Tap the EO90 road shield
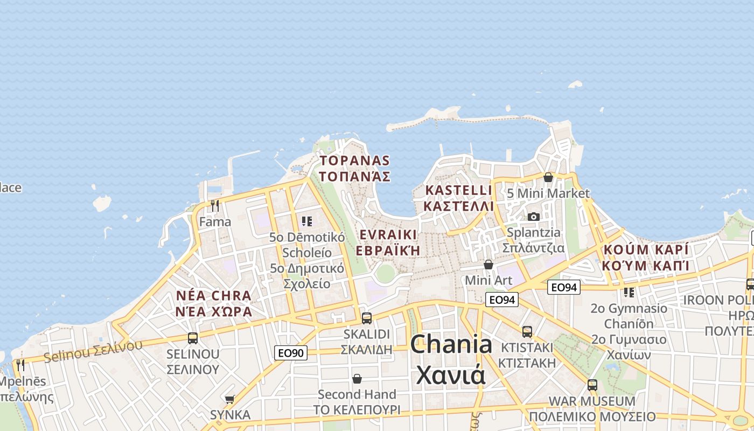291,353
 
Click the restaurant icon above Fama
215,205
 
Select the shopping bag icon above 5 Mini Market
548,177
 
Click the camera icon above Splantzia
533,217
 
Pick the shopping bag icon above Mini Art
488,265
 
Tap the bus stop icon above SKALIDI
367,318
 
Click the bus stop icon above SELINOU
192,338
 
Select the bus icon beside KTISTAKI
527,332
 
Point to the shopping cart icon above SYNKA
230,399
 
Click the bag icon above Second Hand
357,379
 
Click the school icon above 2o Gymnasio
629,292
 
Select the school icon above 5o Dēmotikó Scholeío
307,221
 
